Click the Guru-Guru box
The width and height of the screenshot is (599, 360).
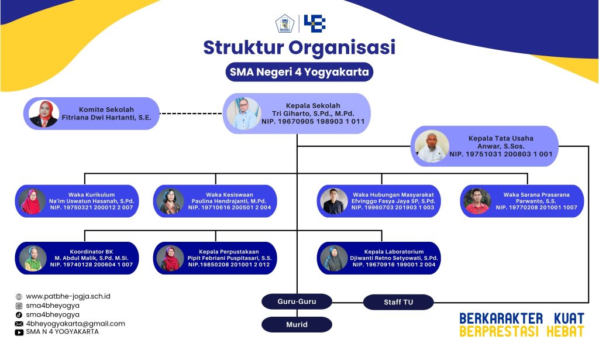pos(297,302)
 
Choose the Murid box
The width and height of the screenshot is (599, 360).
pos(297,324)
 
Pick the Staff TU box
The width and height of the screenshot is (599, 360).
pos(398,302)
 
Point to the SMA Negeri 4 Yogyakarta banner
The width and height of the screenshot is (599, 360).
pos(299,73)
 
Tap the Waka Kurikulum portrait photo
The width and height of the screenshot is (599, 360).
pos(33,201)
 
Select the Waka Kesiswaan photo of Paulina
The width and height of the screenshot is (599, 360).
pos(171,201)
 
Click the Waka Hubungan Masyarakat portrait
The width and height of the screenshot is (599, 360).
pos(335,201)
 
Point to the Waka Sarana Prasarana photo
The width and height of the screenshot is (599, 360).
pos(477,201)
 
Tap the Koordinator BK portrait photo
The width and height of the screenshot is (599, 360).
pos(33,258)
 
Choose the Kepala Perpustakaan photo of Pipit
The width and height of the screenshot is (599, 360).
pos(171,258)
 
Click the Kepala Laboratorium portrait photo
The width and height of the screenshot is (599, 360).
pos(335,258)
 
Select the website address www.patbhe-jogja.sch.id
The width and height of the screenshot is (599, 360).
pos(68,296)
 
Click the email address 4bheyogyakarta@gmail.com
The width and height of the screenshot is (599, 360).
pos(75,323)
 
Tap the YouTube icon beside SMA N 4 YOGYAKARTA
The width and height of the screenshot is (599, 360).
pos(19,332)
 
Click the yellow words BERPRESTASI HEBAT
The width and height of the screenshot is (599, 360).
pos(521,332)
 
